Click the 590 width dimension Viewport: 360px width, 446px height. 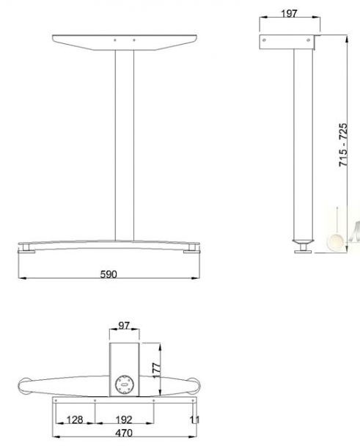coord(109,274)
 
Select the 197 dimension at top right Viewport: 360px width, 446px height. coord(290,14)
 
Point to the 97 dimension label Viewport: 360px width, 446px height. coord(124,325)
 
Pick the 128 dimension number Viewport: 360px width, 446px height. coord(76,420)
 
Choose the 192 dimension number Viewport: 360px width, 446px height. coord(124,420)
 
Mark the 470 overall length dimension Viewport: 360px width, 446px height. coord(124,434)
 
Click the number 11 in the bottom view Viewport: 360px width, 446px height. coord(194,420)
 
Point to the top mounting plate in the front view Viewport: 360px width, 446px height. coord(125,41)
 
